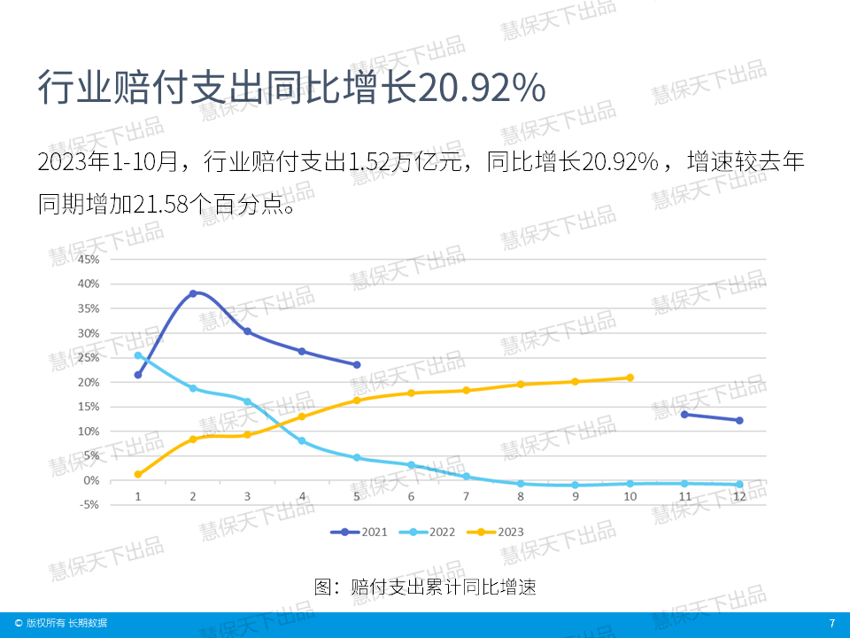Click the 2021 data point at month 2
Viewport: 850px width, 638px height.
tap(193, 293)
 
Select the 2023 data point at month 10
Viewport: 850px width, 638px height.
tap(630, 377)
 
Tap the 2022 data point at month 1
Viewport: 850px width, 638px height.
tap(138, 355)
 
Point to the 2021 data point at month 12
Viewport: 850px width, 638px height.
tap(739, 420)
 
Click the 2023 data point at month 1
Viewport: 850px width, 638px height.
tap(138, 474)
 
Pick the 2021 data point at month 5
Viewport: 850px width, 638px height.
tap(357, 364)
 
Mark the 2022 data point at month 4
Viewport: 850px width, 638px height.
tap(302, 440)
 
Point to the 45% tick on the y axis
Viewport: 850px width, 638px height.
tap(89, 260)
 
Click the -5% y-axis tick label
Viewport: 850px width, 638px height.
tap(89, 505)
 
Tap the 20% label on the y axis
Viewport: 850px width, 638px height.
tap(89, 382)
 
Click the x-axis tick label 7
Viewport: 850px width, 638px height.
tap(466, 496)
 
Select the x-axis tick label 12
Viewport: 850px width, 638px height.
tap(739, 496)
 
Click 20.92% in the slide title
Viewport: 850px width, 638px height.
tap(481, 89)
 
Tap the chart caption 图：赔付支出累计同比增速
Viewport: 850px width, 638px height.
tap(425, 587)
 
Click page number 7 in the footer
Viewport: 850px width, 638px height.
tap(831, 624)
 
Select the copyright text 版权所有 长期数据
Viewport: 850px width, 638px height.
tap(66, 624)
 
